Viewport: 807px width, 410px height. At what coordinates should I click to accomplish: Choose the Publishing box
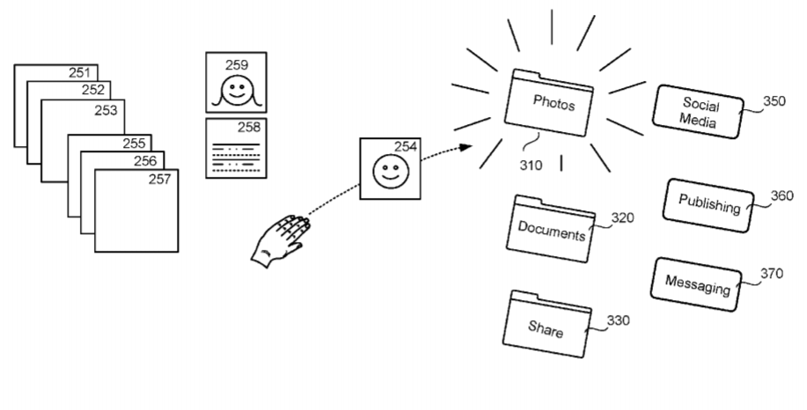coord(708,205)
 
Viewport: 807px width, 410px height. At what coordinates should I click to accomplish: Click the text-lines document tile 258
coord(236,149)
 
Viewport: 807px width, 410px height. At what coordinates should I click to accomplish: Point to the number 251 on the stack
coord(81,72)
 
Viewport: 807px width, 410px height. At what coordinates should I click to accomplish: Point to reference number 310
coord(531,164)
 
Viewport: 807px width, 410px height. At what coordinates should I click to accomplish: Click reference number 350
coord(774,101)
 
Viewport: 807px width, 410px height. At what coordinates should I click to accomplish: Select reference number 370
coord(772,273)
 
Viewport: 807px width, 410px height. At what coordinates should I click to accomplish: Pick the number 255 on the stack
coord(134,143)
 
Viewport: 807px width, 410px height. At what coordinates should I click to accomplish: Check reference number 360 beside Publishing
coord(781,196)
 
